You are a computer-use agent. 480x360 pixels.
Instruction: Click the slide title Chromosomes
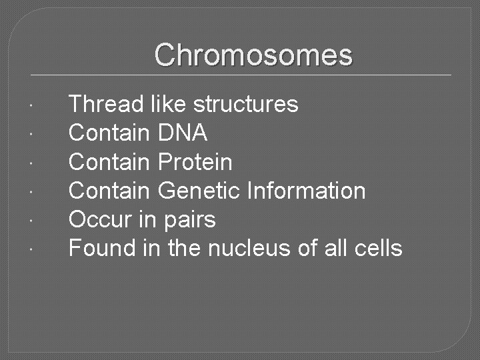(x=253, y=55)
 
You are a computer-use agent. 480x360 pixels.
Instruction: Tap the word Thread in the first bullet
(x=106, y=105)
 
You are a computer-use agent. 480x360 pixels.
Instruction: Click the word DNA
(x=183, y=133)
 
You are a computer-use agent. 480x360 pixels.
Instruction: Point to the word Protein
(x=195, y=162)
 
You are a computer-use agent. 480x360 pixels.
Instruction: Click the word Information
(x=306, y=191)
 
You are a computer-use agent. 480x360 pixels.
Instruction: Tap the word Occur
(x=99, y=219)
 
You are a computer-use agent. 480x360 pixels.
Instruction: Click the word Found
(x=103, y=248)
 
